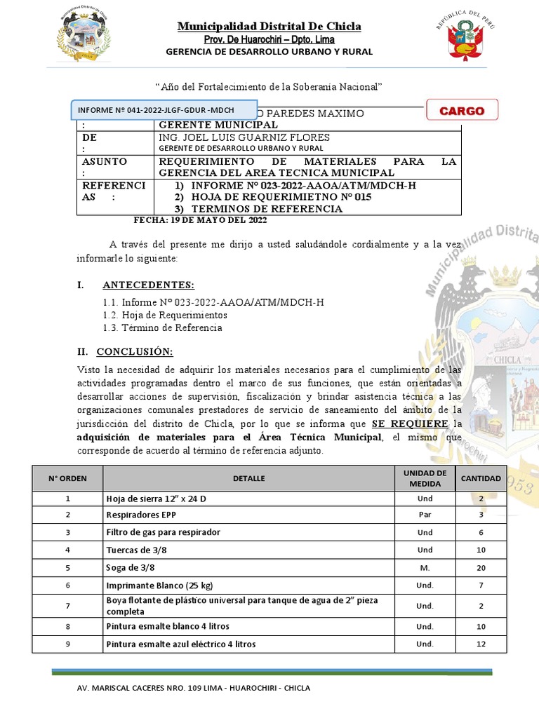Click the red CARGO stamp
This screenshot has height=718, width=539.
[x=461, y=110]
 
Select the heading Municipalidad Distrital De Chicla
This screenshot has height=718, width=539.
[x=269, y=27]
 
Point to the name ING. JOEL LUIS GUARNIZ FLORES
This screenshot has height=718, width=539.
[x=244, y=137]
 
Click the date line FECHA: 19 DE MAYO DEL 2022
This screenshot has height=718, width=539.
[x=200, y=220]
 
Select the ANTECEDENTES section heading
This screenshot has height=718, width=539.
[x=148, y=285]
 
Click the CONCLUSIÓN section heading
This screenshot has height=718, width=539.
[x=134, y=351]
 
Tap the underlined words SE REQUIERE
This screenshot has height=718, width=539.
[x=409, y=424]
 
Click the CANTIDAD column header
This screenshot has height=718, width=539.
[x=481, y=478]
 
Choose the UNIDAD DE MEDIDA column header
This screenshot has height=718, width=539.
[x=425, y=478]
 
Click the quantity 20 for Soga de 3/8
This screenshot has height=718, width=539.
[x=481, y=567]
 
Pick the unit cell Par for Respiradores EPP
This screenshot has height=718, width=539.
[x=425, y=515]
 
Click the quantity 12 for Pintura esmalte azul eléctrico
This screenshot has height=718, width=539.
[x=481, y=644]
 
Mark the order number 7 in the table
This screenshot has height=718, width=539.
[x=68, y=606]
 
